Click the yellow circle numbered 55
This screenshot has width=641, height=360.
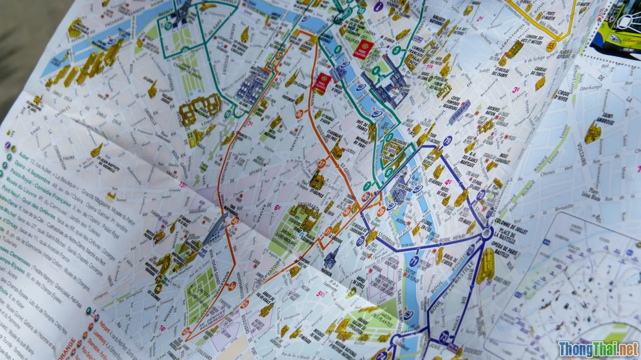tap(551, 46)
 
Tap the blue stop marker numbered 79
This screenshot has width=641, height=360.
tap(447, 141)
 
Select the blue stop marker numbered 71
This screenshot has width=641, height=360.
tap(414, 261)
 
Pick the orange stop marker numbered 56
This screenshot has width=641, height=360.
tap(232, 286)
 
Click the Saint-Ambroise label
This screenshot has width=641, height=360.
tap(604, 116)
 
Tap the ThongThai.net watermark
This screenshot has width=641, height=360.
tap(598, 348)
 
